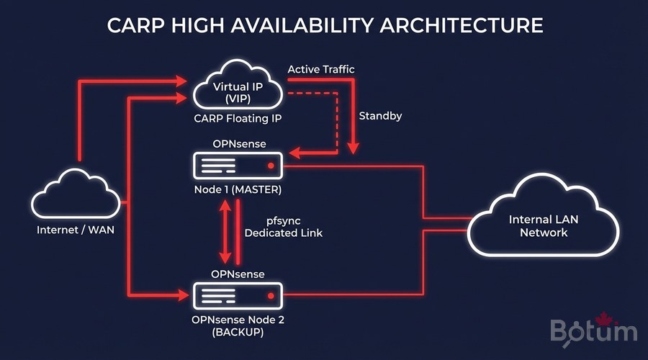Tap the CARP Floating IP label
click(238, 117)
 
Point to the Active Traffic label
click(321, 69)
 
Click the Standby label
click(380, 115)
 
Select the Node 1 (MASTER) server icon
click(238, 167)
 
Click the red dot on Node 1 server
click(271, 167)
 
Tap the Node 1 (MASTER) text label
click(238, 191)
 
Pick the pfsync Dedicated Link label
click(283, 227)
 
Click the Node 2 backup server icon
click(238, 295)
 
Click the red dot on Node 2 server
click(271, 295)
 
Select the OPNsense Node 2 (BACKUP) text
click(238, 325)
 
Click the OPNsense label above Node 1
click(238, 145)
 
